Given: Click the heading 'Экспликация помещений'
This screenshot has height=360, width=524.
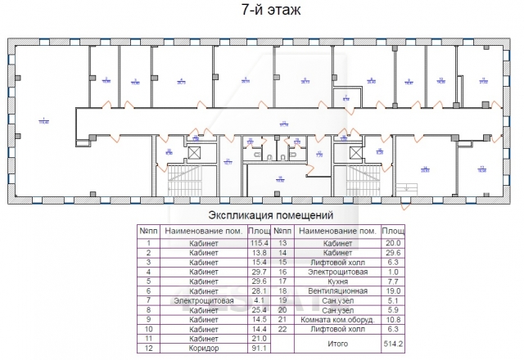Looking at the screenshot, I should pyautogui.click(x=270, y=216).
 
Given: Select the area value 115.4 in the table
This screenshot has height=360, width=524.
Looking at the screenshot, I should pyautogui.click(x=260, y=243).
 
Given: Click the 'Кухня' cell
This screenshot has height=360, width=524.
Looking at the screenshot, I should pyautogui.click(x=337, y=281).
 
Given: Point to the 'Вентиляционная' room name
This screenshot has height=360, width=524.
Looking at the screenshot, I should pyautogui.click(x=337, y=290).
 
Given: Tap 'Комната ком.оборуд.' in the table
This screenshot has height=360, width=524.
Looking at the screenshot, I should pyautogui.click(x=337, y=319).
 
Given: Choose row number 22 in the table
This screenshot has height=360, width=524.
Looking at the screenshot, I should pyautogui.click(x=282, y=329).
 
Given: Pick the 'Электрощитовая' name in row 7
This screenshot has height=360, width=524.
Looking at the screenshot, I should pyautogui.click(x=204, y=300).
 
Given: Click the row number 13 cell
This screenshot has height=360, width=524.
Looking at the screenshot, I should pyautogui.click(x=282, y=243).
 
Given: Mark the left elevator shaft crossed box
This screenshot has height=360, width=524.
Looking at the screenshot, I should pyautogui.click(x=195, y=153).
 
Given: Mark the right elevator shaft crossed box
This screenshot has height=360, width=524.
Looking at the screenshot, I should pyautogui.click(x=355, y=153).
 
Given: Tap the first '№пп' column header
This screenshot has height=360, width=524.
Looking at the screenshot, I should pyautogui.click(x=148, y=231).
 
